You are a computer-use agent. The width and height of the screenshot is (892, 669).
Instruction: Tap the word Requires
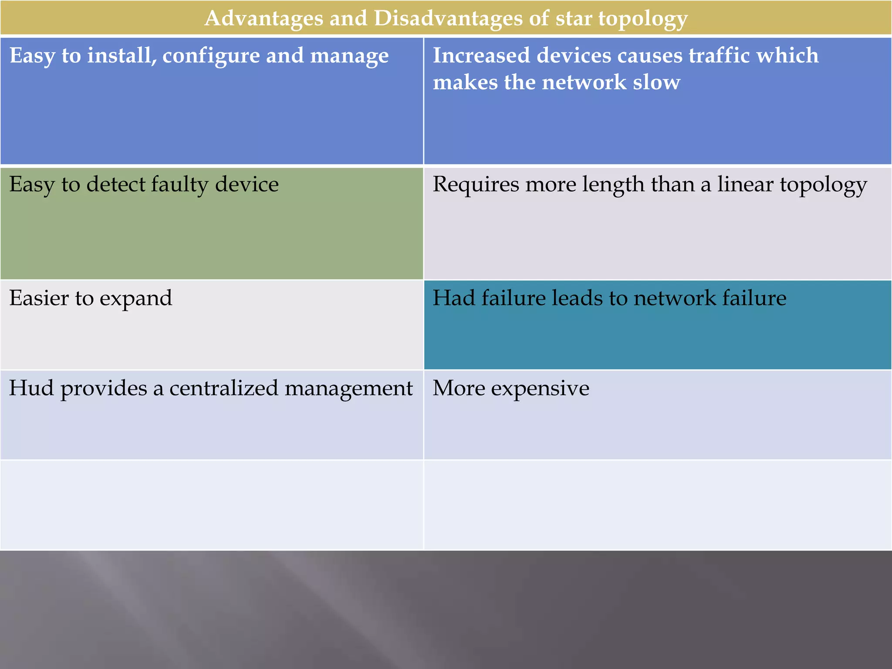(476, 185)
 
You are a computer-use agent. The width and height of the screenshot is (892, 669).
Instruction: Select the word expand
(136, 298)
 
